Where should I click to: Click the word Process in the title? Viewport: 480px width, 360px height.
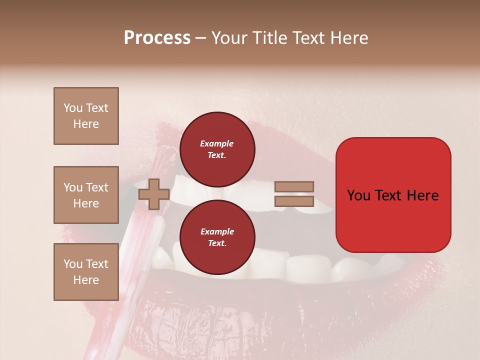tap(157, 38)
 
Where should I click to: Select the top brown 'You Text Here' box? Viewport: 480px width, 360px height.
tap(86, 116)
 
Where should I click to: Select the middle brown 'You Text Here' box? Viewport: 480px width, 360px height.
tap(86, 195)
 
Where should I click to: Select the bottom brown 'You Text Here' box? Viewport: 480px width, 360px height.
tap(86, 271)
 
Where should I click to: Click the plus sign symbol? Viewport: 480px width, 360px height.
tap(153, 194)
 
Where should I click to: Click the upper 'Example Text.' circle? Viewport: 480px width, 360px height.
tap(217, 149)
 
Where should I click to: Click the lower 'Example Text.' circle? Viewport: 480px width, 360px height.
tap(217, 237)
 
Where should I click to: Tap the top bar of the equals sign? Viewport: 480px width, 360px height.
tap(294, 187)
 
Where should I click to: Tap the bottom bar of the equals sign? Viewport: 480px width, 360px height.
tap(294, 201)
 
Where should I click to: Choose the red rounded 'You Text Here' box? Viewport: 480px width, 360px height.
tap(393, 195)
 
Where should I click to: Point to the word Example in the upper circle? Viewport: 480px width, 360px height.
tap(217, 143)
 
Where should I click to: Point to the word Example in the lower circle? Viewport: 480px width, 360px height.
tap(217, 231)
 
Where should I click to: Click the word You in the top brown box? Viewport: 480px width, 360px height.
tap(73, 108)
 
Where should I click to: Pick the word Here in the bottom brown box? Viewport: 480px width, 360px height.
tap(86, 280)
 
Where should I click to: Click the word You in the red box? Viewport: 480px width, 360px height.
tap(358, 195)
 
